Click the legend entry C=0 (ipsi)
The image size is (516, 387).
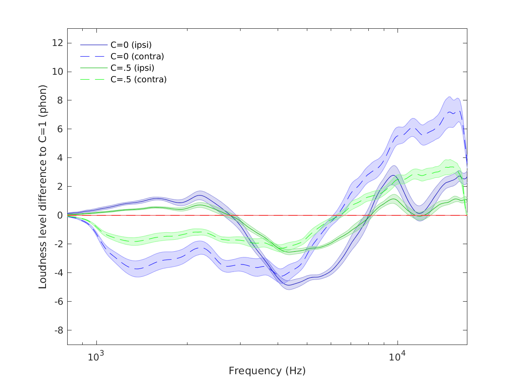point(131,45)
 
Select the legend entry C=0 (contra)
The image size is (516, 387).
point(137,57)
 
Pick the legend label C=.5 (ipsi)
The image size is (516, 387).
point(132,68)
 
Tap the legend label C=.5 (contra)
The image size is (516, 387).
point(138,80)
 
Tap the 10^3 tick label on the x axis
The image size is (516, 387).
point(96,356)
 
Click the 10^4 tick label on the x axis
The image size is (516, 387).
point(397,356)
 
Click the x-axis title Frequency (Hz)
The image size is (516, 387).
point(267,371)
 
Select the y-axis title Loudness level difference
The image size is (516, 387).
point(43,186)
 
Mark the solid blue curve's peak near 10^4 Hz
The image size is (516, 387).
point(393,176)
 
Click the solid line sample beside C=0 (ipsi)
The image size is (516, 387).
point(94,45)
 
